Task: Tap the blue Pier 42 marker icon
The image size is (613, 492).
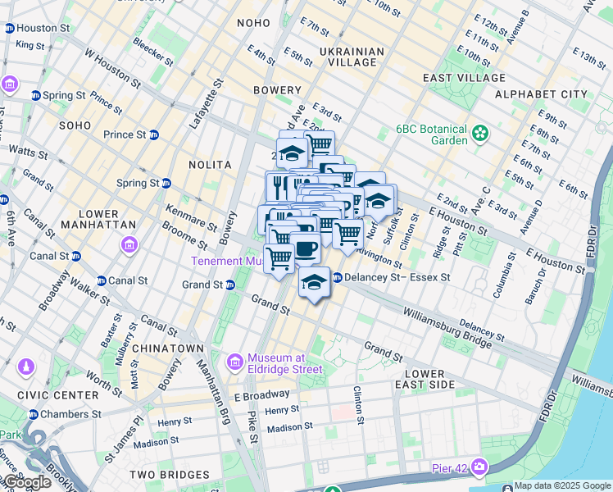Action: (x=479, y=468)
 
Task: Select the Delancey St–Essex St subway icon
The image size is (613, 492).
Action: (x=337, y=278)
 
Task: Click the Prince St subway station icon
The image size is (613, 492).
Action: (x=153, y=134)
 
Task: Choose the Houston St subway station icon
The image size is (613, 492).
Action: (x=9, y=28)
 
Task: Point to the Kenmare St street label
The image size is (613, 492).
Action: (x=190, y=216)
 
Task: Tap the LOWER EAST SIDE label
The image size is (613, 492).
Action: (x=425, y=379)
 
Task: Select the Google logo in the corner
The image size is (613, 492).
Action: (x=26, y=482)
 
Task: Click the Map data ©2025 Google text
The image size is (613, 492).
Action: (x=562, y=485)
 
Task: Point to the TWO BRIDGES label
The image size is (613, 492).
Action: (x=173, y=475)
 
